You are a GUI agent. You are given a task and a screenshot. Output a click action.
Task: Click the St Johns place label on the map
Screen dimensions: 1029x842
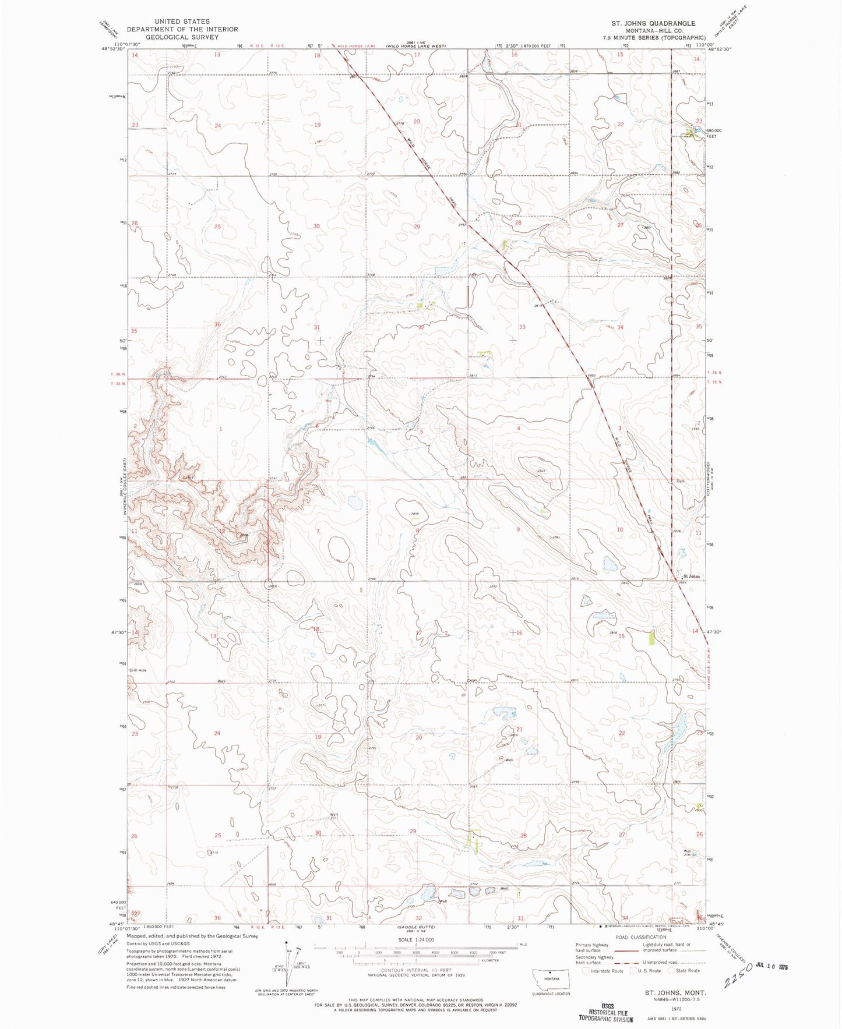pyautogui.click(x=692, y=577)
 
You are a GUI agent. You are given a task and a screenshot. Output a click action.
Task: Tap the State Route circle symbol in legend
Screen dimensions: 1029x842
pyautogui.click(x=672, y=971)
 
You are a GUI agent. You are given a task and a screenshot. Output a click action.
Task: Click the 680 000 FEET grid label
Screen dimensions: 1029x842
pyautogui.click(x=716, y=133)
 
